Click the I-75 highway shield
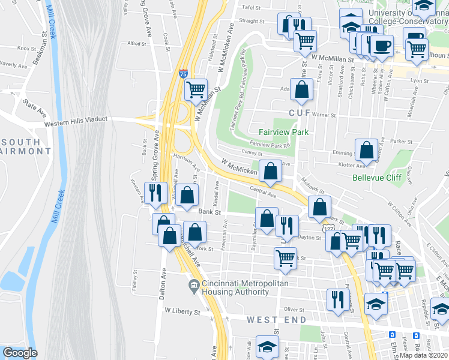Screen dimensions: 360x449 (183, 74)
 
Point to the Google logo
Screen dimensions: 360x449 (20, 353)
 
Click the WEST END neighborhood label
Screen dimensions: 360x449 (277, 320)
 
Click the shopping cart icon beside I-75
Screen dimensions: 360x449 (196, 90)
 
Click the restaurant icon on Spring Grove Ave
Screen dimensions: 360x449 (155, 193)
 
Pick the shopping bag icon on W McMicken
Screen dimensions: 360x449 (271, 171)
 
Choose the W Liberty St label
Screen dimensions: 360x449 (182, 312)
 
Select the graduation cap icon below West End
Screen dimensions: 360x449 (267, 346)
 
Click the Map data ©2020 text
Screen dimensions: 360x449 (424, 355)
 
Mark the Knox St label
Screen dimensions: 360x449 (26, 48)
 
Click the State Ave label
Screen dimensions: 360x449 (35, 108)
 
